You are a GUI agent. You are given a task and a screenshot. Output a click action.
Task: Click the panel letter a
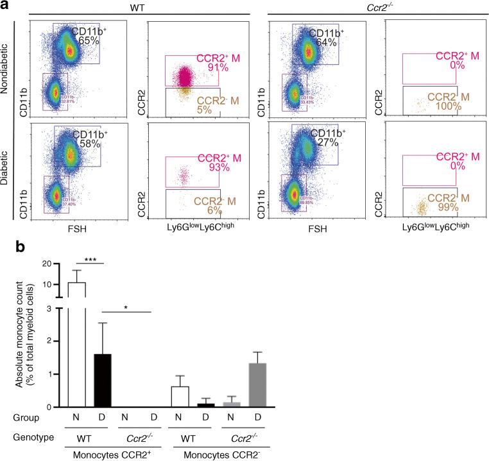coord(6,6)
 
